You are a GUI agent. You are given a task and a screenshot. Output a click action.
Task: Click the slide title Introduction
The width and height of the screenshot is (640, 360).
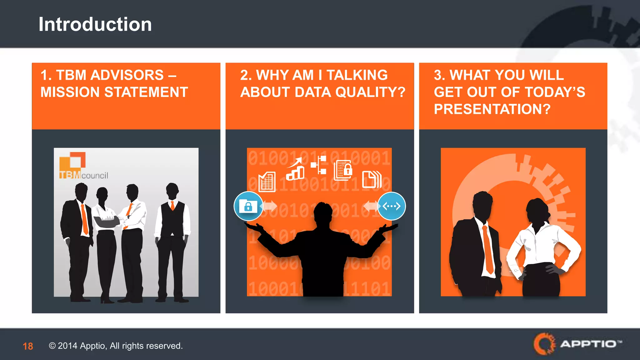click(x=95, y=24)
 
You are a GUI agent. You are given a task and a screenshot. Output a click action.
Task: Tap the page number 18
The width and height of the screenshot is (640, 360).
click(x=28, y=346)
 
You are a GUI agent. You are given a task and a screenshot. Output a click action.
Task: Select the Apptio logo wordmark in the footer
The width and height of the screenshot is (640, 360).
click(x=587, y=344)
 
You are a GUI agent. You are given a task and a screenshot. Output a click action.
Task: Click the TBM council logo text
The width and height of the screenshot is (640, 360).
click(x=84, y=175)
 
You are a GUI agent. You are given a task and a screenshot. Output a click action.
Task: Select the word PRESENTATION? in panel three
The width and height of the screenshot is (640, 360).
click(x=492, y=109)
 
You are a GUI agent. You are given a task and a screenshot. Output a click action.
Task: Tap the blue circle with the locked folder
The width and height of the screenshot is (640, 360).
click(x=248, y=206)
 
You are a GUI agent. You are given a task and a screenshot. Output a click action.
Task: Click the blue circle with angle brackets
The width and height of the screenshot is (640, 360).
click(x=391, y=206)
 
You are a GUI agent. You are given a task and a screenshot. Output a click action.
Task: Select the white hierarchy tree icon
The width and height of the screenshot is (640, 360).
click(x=319, y=165)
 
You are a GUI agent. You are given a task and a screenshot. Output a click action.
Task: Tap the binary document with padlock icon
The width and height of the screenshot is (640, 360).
click(x=343, y=171)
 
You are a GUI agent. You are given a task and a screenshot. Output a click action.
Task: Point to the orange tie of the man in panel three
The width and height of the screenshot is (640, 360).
click(x=487, y=250)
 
